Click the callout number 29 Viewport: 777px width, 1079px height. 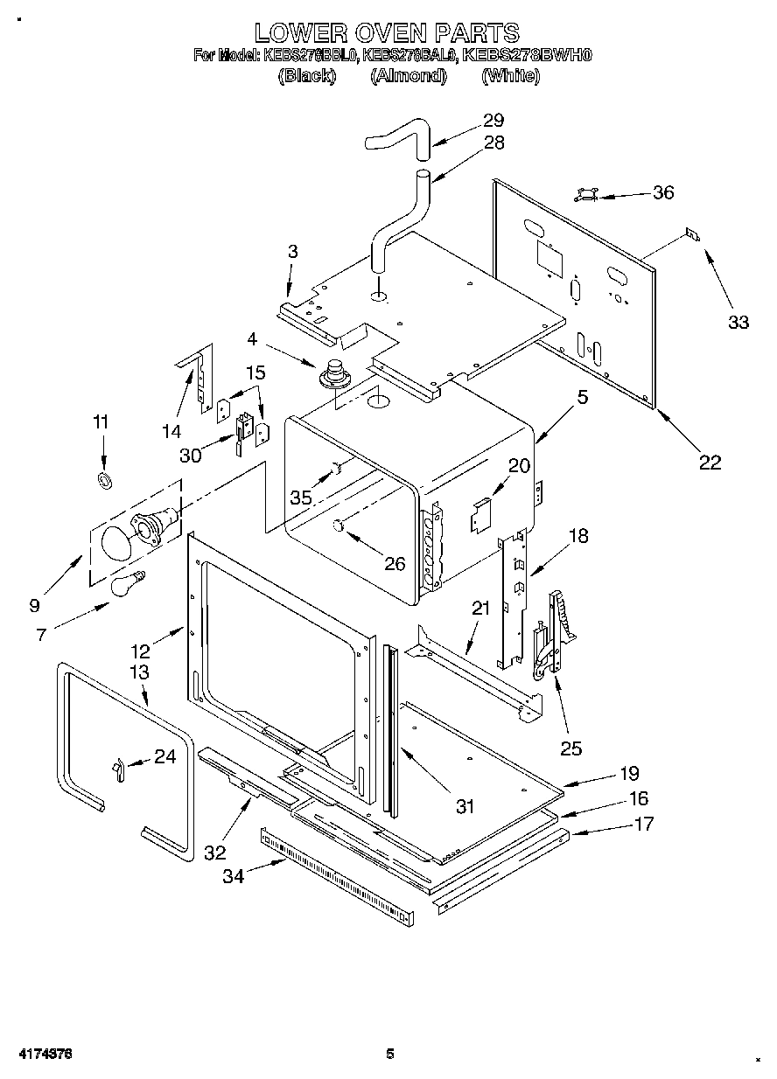493,121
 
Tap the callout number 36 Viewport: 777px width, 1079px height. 663,192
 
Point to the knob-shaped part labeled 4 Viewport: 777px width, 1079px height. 334,374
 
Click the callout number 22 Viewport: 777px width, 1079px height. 709,463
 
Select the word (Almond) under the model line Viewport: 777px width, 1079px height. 409,76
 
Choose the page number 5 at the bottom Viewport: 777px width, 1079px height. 391,1055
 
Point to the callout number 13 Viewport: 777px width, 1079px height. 139,672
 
